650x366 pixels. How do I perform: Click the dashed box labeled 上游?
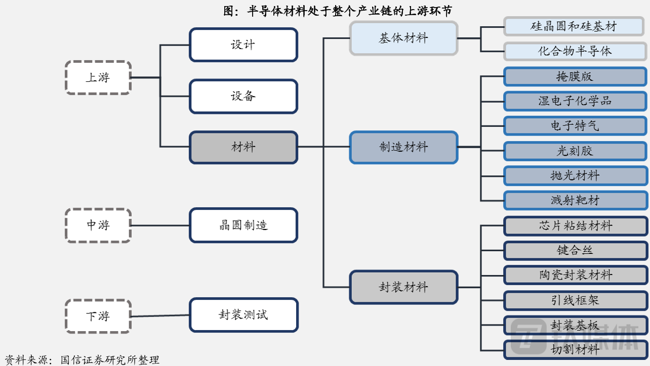(98, 78)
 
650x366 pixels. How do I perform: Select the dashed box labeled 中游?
(98, 225)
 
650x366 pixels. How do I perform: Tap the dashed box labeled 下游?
(98, 316)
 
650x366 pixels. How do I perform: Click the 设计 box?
(243, 45)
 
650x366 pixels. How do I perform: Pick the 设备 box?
(243, 96)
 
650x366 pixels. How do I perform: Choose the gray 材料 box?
(243, 147)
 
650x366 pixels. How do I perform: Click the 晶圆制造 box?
(243, 225)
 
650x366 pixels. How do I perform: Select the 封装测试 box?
(244, 315)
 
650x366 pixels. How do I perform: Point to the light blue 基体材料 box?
(403, 38)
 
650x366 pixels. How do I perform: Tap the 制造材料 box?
(403, 147)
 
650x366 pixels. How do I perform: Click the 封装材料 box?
(403, 287)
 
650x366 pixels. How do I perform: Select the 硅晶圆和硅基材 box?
(574, 26)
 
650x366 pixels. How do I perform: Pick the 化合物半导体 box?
(575, 51)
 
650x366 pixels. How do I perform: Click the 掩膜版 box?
(575, 76)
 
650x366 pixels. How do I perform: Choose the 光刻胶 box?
(575, 151)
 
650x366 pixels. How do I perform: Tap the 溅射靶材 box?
(576, 200)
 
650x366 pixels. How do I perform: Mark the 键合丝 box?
(576, 250)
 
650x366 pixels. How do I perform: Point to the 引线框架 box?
(576, 300)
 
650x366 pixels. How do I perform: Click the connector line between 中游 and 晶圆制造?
(160, 225)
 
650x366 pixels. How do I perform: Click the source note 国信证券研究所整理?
(110, 360)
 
